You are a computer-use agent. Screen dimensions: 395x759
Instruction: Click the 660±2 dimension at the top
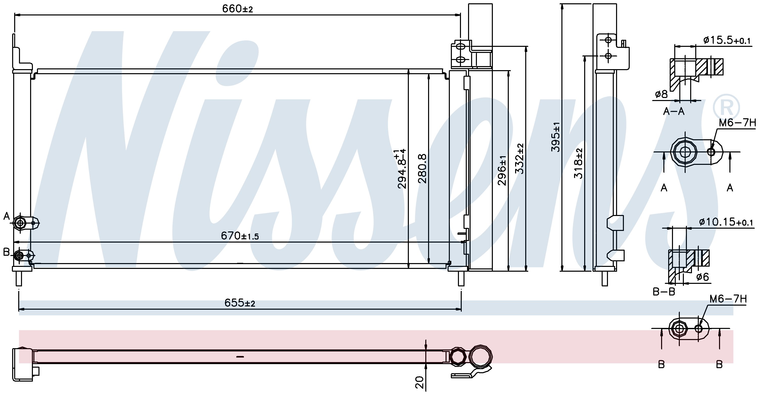point(238,9)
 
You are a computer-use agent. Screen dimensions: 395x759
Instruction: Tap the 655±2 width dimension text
point(240,303)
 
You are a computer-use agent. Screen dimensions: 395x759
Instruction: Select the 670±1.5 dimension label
point(240,236)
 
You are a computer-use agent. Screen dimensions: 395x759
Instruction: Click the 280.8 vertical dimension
point(422,168)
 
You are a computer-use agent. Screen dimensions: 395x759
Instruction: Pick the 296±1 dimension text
point(502,170)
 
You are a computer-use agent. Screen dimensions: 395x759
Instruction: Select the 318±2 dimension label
point(578,164)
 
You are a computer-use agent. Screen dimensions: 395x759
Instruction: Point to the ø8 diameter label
point(661,94)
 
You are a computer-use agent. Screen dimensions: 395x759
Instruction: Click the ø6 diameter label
point(702,277)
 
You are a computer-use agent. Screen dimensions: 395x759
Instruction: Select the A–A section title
point(674,111)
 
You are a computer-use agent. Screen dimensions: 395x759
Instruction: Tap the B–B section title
point(664,292)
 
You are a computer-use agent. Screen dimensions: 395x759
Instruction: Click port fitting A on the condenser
point(20,223)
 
